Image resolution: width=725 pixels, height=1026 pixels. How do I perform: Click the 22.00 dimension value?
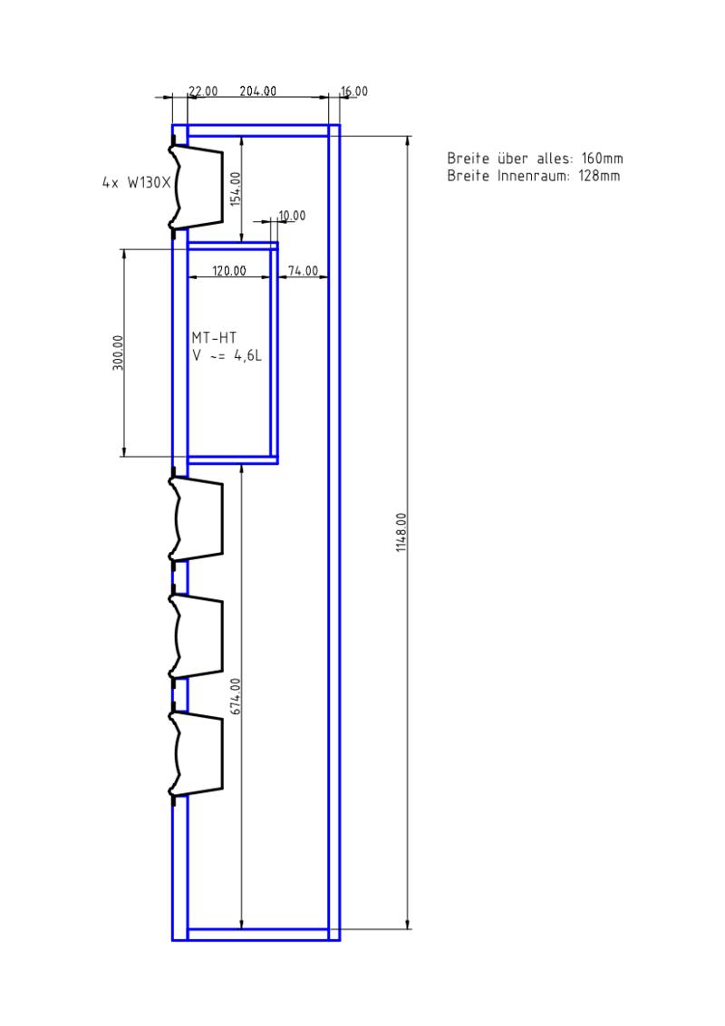click(x=204, y=91)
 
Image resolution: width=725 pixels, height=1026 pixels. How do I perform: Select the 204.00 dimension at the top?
click(x=257, y=91)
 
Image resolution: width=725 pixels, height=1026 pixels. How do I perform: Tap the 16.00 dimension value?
click(x=354, y=91)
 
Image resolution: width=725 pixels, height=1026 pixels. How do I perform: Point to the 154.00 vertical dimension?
click(x=236, y=189)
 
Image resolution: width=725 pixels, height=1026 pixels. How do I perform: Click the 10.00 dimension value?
click(x=292, y=216)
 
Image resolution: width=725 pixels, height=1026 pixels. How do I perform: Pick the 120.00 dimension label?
click(x=229, y=270)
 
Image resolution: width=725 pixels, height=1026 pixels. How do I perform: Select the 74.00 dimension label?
click(x=303, y=270)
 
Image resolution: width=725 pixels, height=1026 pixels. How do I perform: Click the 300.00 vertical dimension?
click(x=118, y=353)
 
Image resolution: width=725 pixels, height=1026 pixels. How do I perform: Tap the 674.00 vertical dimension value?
click(x=236, y=695)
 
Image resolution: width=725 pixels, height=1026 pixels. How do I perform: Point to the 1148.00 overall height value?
click(x=401, y=532)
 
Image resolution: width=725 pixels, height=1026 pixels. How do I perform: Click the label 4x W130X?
click(x=136, y=182)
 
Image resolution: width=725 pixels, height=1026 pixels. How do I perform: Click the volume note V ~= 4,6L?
click(x=227, y=356)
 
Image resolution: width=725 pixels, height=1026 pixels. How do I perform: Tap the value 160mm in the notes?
click(x=602, y=159)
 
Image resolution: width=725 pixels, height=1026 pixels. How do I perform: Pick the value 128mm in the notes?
click(x=599, y=176)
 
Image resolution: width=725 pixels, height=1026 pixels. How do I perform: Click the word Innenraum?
click(x=534, y=176)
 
